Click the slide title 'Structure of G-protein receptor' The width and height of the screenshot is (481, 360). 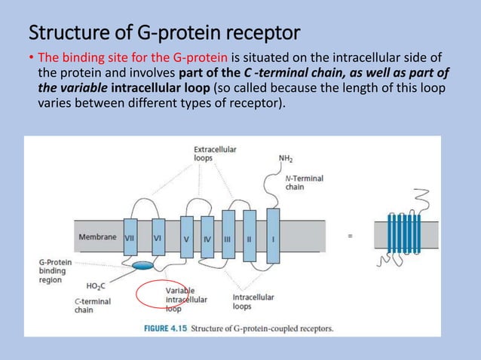[164, 33]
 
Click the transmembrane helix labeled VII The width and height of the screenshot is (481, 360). [130, 236]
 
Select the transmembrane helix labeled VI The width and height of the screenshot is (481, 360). [158, 236]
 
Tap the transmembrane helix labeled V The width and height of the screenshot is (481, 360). [186, 236]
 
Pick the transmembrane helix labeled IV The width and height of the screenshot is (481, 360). [207, 236]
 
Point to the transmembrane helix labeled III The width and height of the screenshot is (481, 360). [228, 236]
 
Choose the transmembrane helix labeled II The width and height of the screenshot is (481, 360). [250, 236]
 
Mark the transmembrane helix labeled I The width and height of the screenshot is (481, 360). [272, 236]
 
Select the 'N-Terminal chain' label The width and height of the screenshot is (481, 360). [304, 182]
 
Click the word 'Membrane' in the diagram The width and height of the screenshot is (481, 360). [97, 236]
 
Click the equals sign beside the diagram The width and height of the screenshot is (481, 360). [349, 236]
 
